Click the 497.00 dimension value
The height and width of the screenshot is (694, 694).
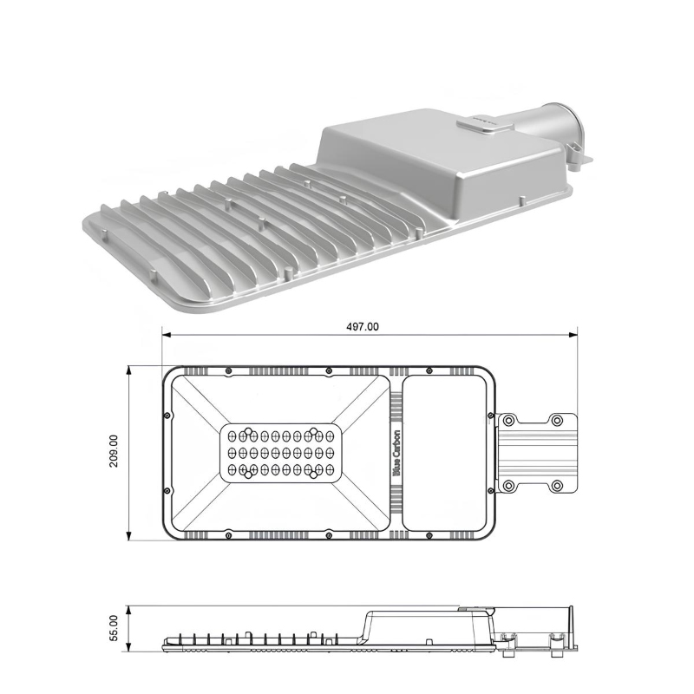(362, 327)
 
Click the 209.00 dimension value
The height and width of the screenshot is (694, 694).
(114, 451)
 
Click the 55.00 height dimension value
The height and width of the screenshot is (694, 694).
(114, 628)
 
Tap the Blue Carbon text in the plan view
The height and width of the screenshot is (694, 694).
(397, 453)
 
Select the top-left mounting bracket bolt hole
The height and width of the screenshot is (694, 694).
(508, 420)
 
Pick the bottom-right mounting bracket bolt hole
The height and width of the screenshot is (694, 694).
(557, 486)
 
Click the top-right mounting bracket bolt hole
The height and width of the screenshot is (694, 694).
(557, 420)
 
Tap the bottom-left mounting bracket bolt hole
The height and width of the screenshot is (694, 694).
(508, 486)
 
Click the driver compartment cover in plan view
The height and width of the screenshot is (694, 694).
(444, 453)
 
